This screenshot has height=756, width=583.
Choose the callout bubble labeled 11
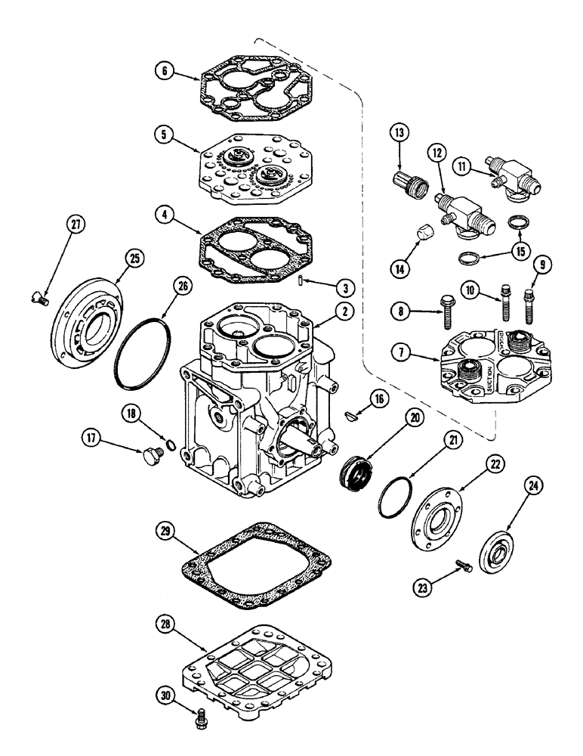[x=462, y=164]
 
